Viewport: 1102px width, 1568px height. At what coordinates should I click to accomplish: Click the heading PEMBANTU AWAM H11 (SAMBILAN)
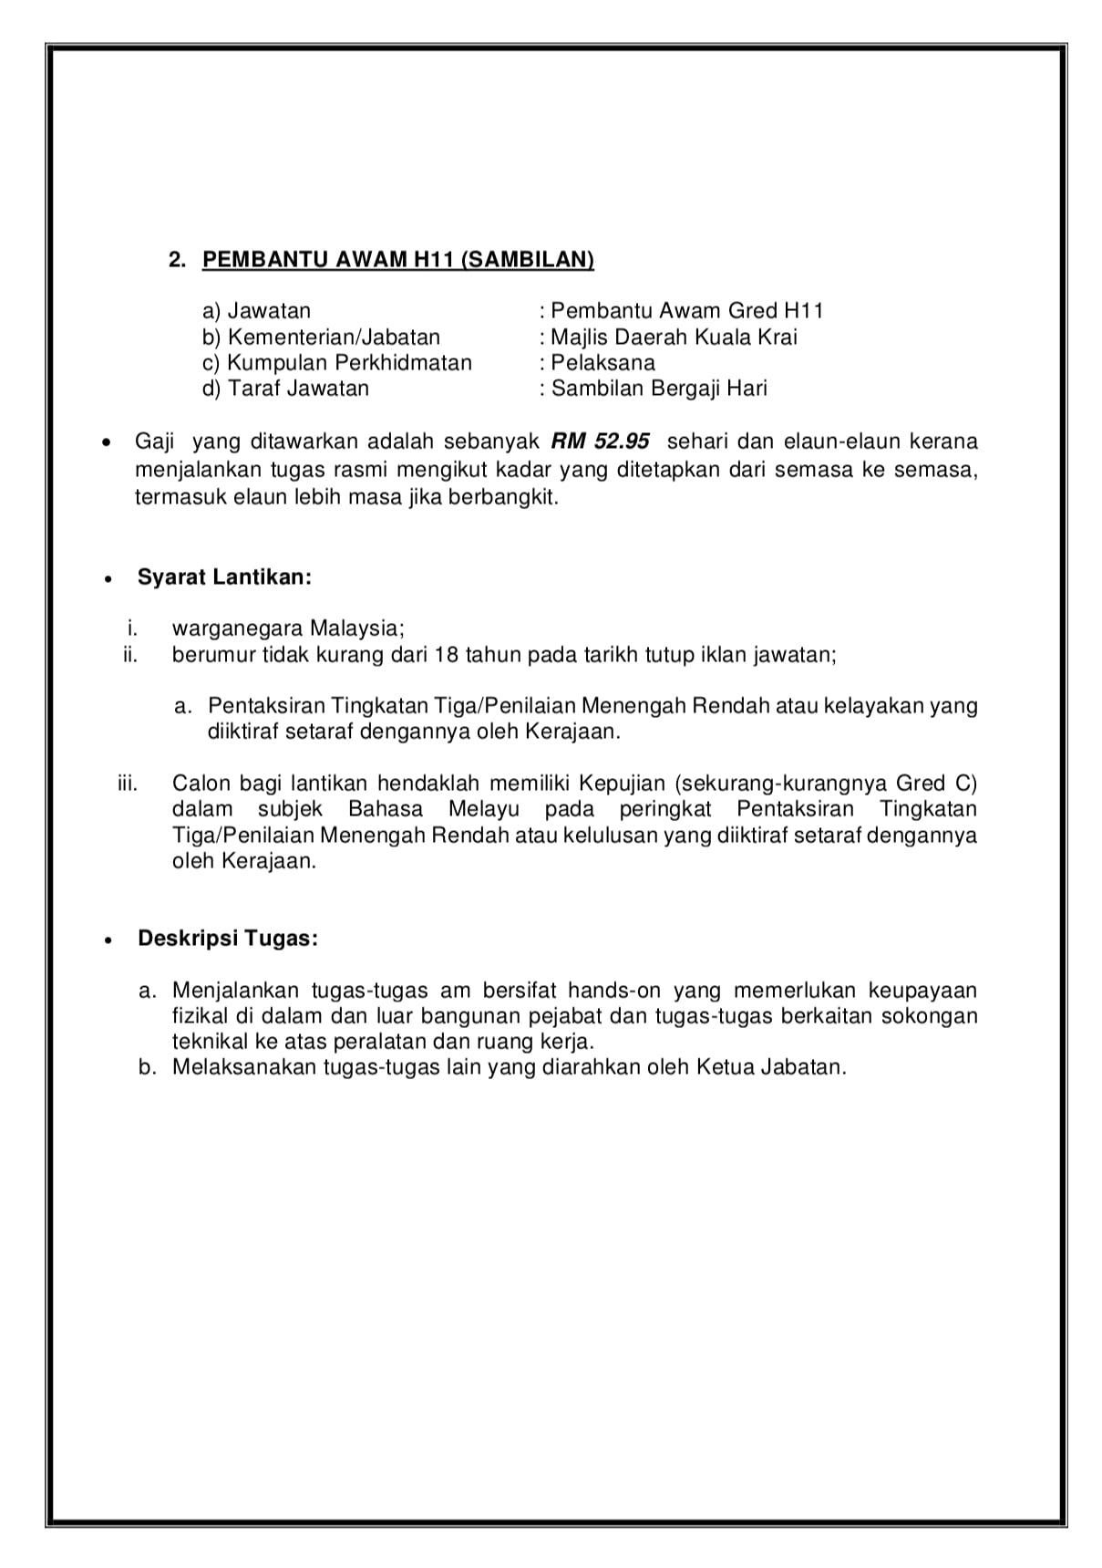point(397,260)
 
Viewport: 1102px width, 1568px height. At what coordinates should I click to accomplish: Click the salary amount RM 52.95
point(601,441)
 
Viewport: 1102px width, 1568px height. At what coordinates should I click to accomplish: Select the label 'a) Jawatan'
point(256,311)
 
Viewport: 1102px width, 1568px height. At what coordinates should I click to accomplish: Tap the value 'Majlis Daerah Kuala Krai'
point(674,337)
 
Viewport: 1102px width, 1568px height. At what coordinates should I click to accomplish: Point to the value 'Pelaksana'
point(602,362)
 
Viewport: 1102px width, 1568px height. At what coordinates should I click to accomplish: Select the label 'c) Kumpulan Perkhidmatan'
point(337,362)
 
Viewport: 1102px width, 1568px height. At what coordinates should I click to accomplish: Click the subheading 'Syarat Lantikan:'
point(224,577)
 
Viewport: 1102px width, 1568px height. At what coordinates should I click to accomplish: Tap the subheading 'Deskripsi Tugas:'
point(228,939)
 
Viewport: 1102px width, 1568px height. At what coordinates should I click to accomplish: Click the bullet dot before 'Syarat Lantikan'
point(108,579)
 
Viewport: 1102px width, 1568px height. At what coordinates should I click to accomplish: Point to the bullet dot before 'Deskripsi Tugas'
point(108,940)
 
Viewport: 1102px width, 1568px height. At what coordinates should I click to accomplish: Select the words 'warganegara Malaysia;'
point(288,628)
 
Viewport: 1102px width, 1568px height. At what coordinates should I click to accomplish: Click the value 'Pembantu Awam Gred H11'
point(687,311)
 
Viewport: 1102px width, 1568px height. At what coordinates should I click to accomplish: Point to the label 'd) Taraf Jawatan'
point(285,389)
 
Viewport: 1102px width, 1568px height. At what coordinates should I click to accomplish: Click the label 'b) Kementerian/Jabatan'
point(321,337)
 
